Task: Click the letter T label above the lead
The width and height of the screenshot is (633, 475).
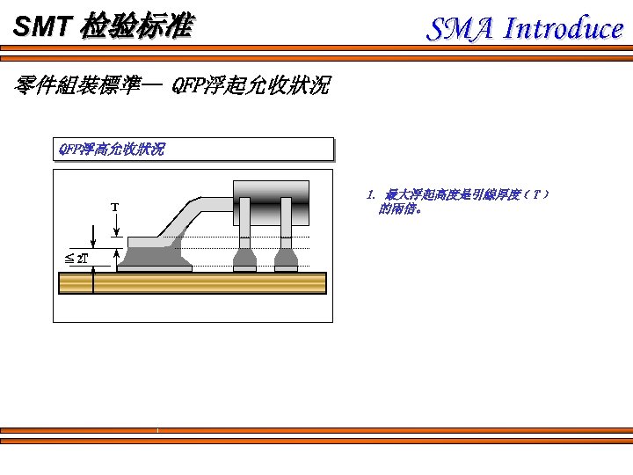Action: tap(114, 208)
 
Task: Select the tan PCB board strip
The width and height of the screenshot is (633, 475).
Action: tap(192, 283)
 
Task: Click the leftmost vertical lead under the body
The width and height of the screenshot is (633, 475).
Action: tap(244, 223)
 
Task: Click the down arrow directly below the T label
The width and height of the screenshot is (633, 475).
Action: tap(116, 228)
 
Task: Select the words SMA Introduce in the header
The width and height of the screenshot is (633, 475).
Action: tap(525, 29)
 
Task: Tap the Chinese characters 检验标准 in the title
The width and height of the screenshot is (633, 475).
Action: tap(135, 27)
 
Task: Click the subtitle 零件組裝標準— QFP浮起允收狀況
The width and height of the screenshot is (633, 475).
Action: tap(172, 85)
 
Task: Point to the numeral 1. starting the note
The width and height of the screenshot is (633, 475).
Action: tap(372, 194)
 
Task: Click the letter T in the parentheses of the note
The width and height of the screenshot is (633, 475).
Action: tap(536, 194)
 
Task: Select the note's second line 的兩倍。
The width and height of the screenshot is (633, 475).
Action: tap(400, 209)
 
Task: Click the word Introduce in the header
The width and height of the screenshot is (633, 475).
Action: tap(563, 29)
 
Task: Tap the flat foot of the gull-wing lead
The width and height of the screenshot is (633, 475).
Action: tap(146, 241)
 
